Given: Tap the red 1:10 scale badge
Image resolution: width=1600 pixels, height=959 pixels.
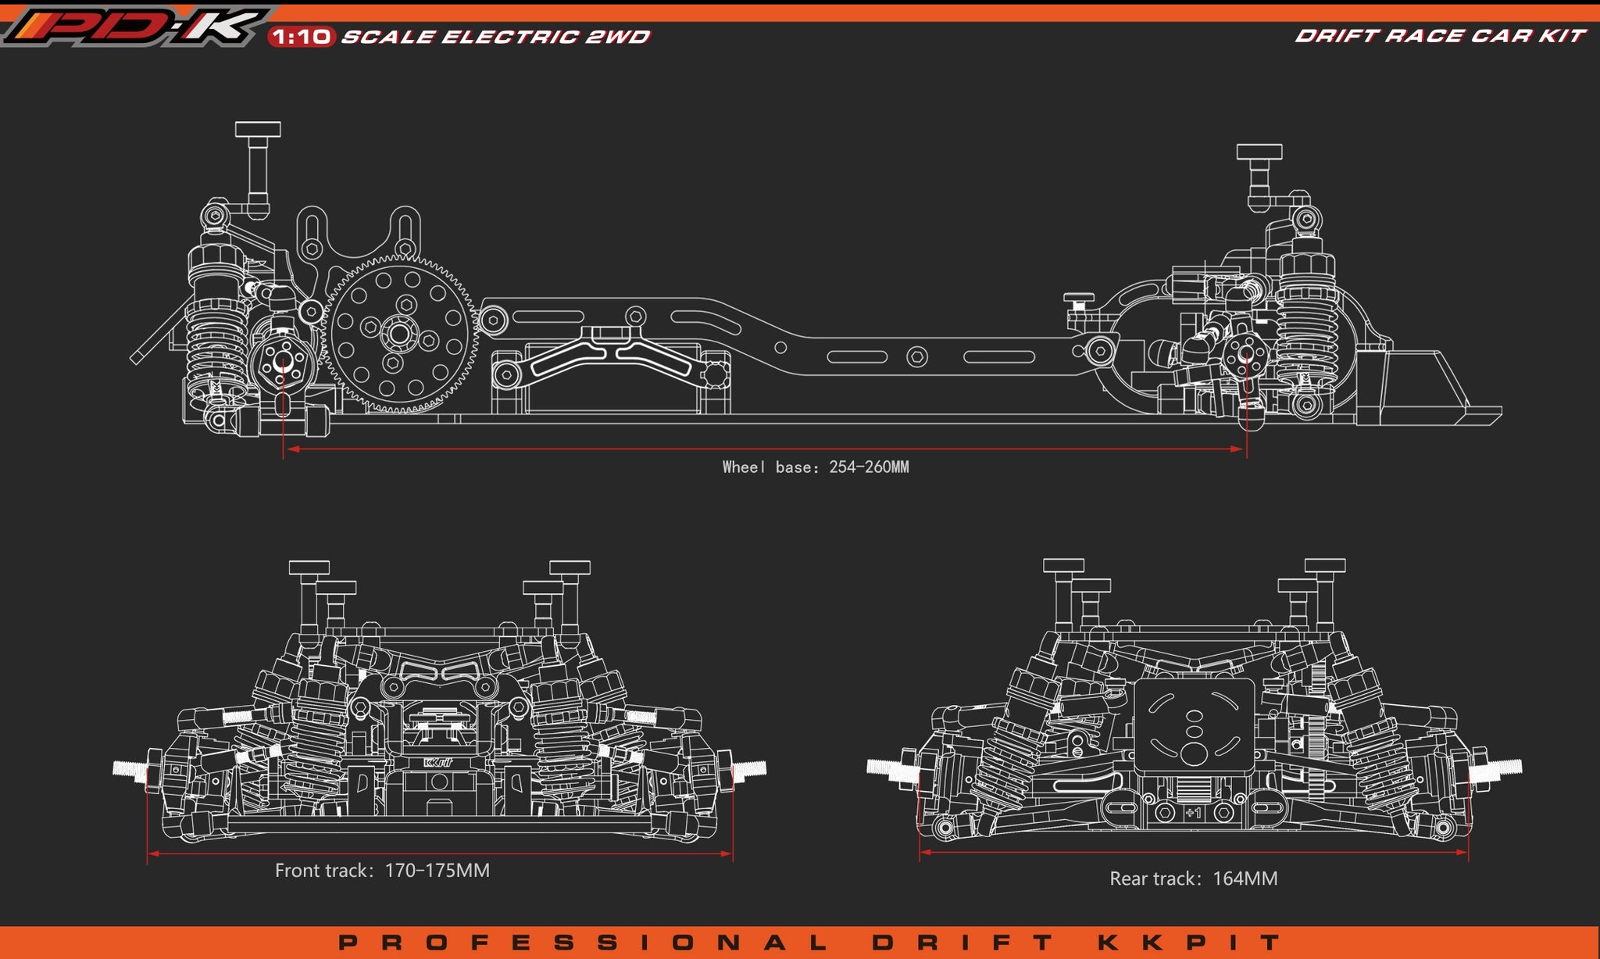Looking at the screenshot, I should pos(302,37).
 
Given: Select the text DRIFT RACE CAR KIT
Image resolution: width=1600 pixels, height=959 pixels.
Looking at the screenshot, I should pos(1440,36).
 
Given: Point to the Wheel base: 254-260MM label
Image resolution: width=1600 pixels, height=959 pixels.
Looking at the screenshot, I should pos(815,467).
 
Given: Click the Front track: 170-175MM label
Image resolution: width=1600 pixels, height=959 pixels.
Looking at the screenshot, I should pos(382,871).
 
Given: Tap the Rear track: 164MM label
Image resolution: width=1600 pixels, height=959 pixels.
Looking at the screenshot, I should pos(1193,878).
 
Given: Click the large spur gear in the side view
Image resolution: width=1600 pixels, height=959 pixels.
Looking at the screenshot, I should pos(399,334).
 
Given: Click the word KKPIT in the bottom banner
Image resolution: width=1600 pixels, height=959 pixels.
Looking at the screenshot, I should pos(1189,943).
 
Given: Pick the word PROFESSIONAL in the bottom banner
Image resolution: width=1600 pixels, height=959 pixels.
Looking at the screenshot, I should pos(582,943).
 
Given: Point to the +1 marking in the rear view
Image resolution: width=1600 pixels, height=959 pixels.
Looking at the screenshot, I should pos(1192,814).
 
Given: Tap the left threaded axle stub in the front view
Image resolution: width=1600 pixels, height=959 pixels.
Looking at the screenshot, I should pos(130,769).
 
